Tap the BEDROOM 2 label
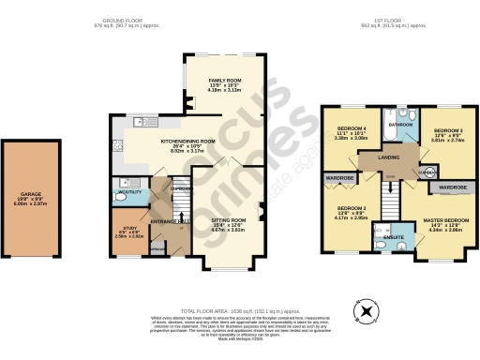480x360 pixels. pos(352,207)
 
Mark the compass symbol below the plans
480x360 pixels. pos(367,309)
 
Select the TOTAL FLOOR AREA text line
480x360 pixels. pos(239,309)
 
